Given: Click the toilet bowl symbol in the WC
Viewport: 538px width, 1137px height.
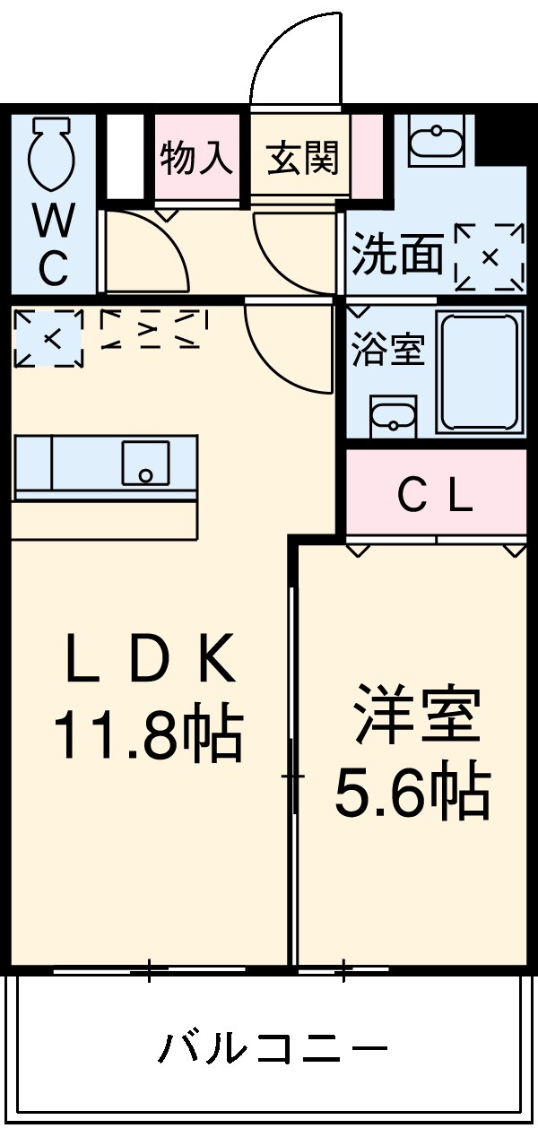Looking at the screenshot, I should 51,153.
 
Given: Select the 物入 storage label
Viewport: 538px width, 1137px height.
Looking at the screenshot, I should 196,159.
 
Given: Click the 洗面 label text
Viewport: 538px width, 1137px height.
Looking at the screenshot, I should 397,254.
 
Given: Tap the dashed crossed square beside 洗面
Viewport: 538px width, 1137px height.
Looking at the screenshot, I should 490,257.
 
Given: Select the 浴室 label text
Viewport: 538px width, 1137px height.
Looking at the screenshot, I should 387,349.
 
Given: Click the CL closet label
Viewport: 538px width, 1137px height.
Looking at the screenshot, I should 436,496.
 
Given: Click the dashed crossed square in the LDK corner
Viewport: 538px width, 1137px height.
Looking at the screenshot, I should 49,338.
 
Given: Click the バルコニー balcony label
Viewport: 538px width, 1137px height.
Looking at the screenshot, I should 273,1047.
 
